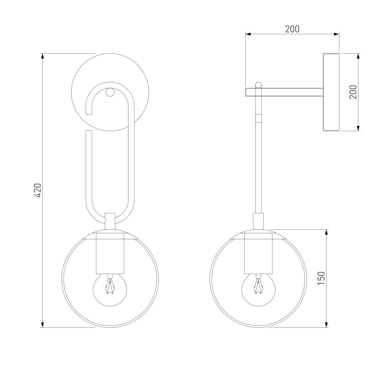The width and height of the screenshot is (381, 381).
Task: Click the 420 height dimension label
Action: coord(38,190)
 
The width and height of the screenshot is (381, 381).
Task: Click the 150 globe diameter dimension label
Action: coord(321,278)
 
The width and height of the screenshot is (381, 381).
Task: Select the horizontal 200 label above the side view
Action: coord(292,29)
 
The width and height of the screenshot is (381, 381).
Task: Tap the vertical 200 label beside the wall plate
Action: coord(353,92)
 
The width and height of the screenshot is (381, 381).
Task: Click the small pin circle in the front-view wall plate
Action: coord(110,92)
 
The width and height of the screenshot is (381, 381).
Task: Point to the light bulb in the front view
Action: coord(110,289)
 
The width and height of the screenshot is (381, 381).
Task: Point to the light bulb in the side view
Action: coord(258,289)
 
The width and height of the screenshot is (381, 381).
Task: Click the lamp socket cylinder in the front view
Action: coord(110,253)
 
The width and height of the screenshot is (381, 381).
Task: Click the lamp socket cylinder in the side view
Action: coord(258,253)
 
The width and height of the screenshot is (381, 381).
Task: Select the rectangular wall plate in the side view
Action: coord(331,92)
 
